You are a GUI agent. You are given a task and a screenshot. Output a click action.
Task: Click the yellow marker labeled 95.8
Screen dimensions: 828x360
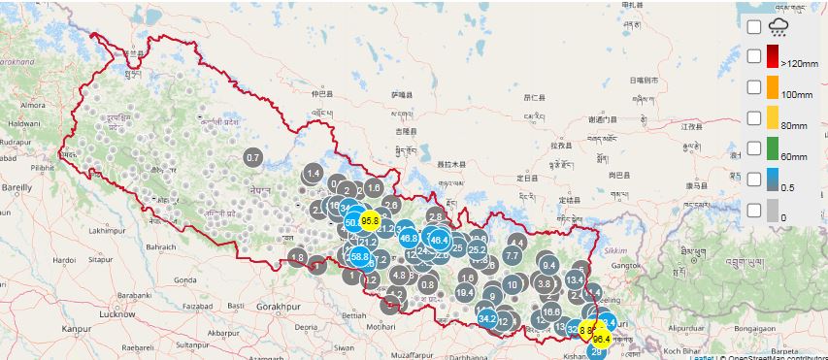tap(369, 220)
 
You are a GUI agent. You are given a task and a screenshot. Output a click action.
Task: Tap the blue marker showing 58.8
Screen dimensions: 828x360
tap(360, 257)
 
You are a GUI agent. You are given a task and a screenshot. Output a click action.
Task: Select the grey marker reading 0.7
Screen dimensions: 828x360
tap(253, 157)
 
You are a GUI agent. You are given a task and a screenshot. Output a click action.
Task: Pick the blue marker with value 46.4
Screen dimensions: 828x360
tap(439, 240)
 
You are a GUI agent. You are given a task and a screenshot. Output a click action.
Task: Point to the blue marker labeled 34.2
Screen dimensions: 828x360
tap(487, 318)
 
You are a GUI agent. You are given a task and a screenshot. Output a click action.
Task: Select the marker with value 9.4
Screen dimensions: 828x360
tap(548, 265)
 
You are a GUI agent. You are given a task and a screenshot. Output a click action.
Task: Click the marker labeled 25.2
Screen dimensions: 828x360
tap(477, 249)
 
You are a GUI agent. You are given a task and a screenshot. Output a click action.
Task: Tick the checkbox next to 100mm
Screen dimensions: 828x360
tap(753, 87)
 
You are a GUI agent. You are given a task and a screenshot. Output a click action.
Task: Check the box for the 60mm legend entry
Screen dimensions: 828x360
tap(753, 148)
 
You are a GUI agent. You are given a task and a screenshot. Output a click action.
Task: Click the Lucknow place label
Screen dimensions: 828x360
tap(116, 314)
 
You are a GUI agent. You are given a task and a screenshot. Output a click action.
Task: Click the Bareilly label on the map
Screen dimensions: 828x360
tap(17, 182)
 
